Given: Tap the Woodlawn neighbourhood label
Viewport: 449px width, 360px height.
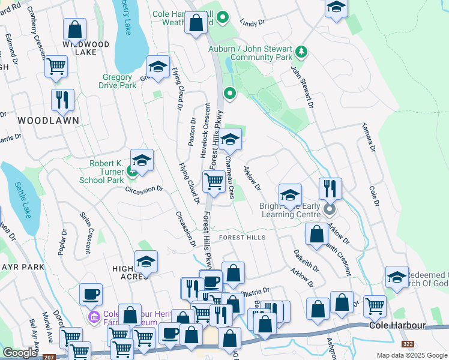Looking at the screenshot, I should (40, 121).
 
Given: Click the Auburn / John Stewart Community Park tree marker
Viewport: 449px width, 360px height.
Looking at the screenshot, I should (301, 53).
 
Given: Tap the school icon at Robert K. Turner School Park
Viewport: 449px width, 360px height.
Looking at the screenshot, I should (142, 161).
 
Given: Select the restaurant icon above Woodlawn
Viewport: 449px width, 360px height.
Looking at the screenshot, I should (62, 100).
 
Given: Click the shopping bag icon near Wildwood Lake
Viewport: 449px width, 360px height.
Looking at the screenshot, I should (74, 29).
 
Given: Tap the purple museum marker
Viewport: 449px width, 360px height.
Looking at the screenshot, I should (93, 316).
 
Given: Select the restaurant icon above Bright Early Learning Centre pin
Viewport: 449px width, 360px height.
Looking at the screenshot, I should (330, 188).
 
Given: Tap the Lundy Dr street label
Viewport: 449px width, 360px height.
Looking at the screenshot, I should (252, 23).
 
